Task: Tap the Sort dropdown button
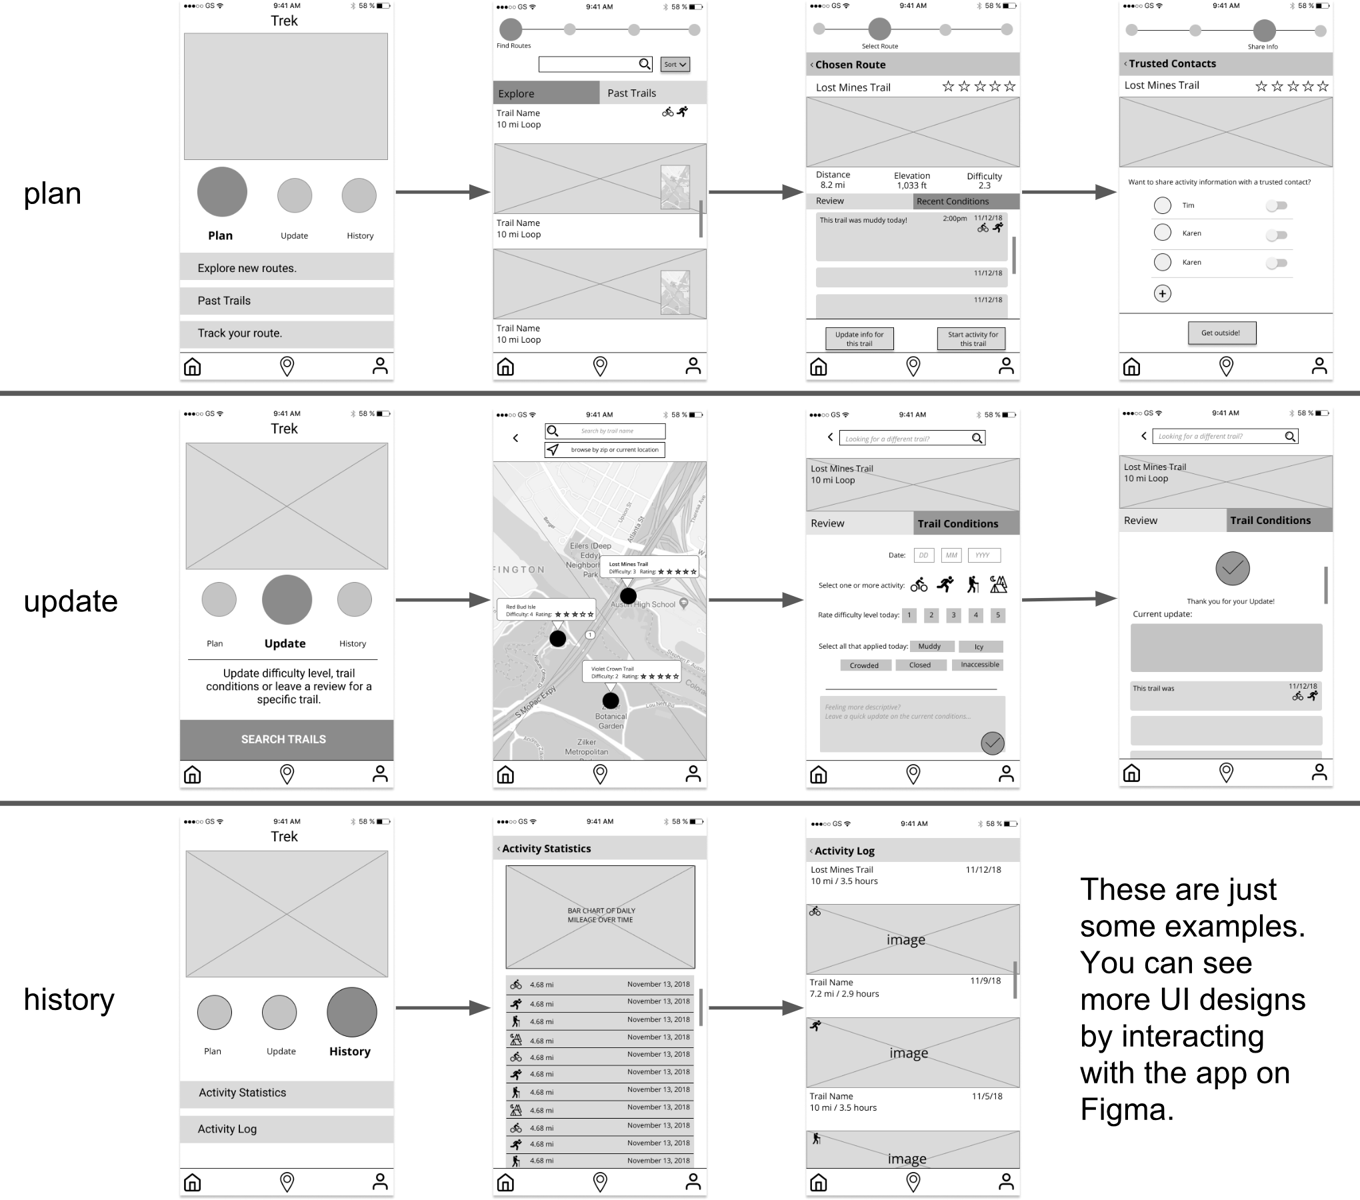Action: click(675, 65)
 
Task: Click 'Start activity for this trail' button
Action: click(973, 339)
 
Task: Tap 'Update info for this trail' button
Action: click(859, 339)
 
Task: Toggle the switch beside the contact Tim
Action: click(1277, 206)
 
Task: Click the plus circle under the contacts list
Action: click(1163, 294)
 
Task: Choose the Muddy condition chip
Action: click(929, 647)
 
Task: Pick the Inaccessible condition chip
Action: click(979, 665)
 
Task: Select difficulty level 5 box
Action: click(997, 615)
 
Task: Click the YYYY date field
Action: click(983, 555)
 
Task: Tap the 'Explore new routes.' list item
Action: click(287, 268)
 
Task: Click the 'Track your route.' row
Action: click(287, 333)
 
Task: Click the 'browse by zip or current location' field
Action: click(605, 450)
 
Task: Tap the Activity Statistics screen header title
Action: click(546, 849)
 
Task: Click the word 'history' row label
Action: click(69, 1000)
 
